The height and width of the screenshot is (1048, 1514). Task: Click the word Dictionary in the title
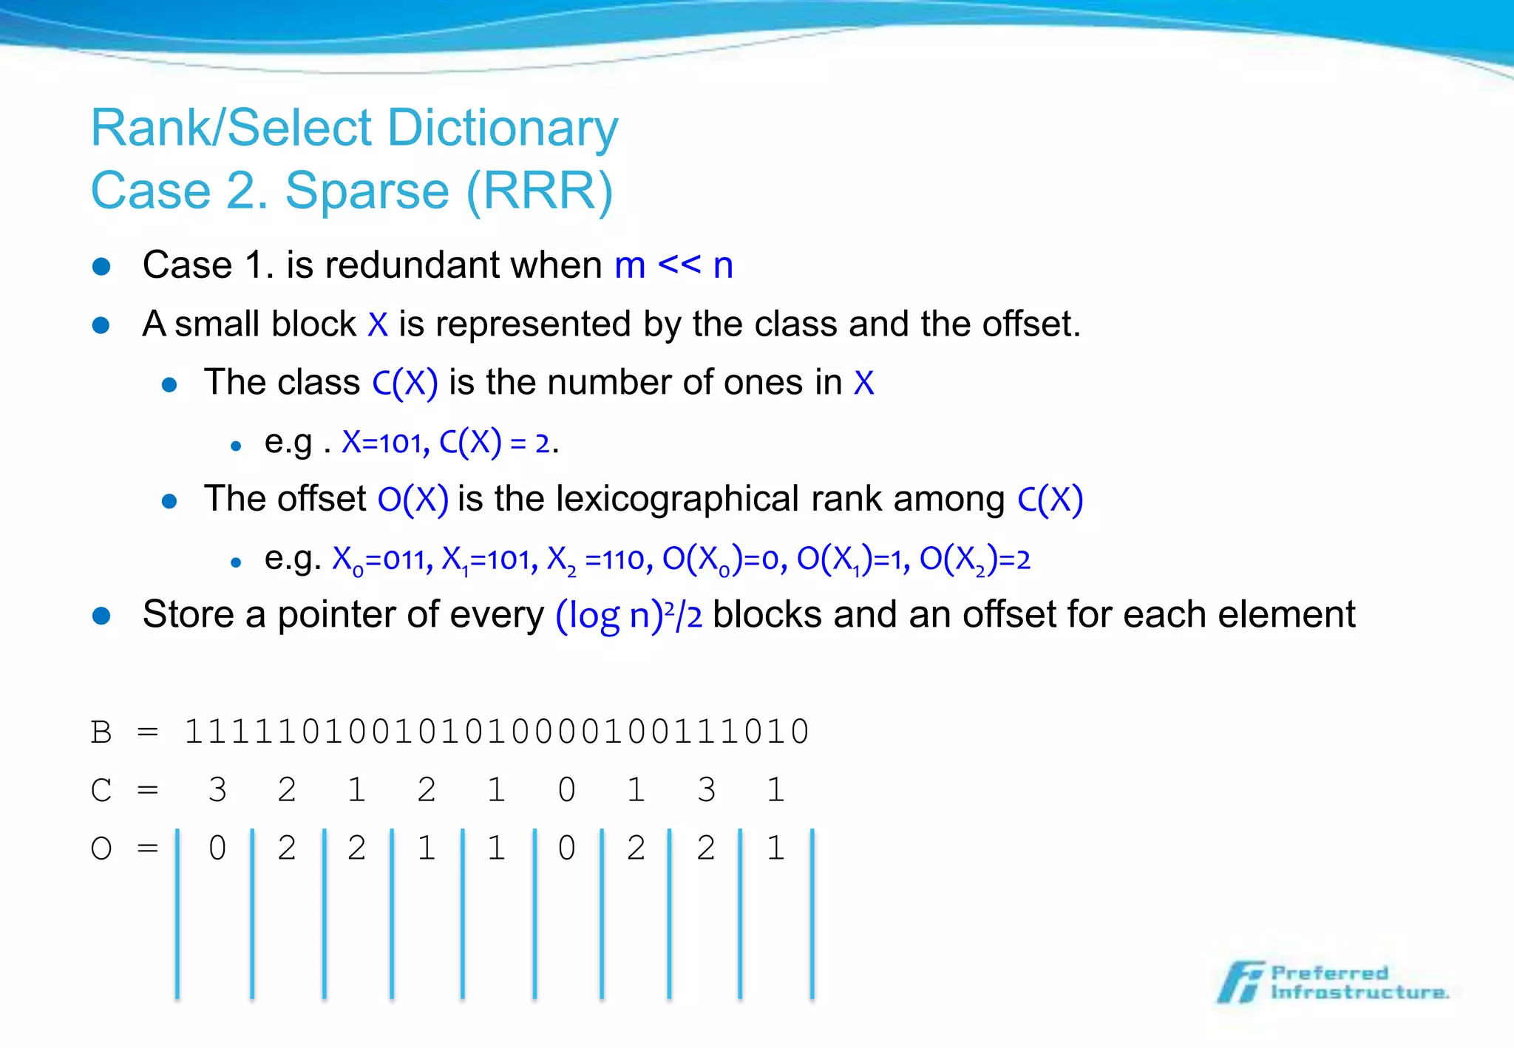(502, 129)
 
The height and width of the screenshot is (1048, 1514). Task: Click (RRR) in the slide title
(540, 191)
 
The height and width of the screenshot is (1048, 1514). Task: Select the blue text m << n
(673, 265)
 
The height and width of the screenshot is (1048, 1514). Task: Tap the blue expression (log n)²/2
(629, 615)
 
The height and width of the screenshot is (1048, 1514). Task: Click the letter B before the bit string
(101, 732)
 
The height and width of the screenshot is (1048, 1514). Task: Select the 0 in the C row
(566, 790)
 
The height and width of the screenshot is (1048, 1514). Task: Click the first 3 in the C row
(217, 790)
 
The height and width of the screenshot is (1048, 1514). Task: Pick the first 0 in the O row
(217, 848)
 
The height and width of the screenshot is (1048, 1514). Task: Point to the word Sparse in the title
(367, 191)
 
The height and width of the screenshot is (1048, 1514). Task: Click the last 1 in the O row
(775, 848)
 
